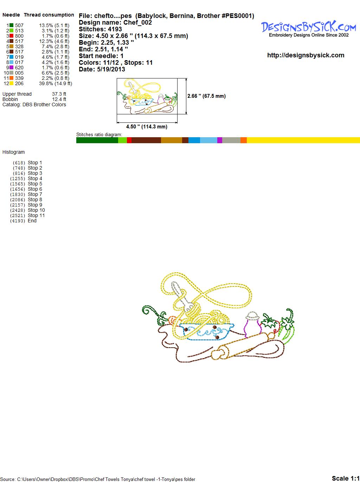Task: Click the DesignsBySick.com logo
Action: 308,29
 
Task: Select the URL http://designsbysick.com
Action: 306,55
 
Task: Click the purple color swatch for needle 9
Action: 11,68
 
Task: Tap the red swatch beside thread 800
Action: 11,36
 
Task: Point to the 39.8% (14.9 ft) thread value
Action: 56,83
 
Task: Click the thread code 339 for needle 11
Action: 19,78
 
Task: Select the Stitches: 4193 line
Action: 100,29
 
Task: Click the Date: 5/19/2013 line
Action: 102,69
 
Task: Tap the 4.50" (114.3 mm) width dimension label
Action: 147,127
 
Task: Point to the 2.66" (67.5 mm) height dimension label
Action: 206,96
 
